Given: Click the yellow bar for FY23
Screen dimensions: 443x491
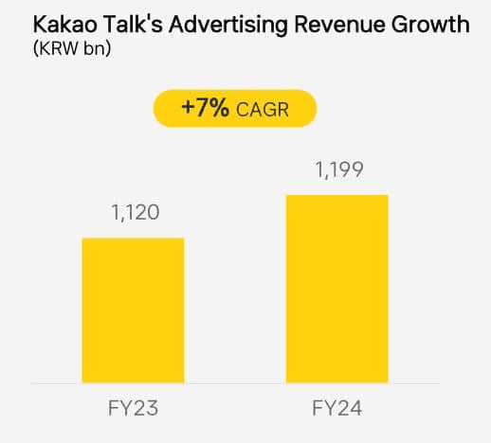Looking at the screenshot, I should click(133, 310).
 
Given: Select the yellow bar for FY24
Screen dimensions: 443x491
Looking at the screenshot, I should click(337, 289).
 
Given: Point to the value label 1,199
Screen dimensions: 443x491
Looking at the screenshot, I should click(337, 171).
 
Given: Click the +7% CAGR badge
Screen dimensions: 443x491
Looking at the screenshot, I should click(234, 109).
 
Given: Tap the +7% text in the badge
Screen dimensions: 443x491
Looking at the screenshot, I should click(205, 109).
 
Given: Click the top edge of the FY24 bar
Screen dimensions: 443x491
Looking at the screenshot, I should click(337, 196).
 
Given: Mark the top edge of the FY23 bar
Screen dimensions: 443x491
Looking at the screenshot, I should click(133, 239).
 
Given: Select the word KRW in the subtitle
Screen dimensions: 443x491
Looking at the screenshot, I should click(57, 46).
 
